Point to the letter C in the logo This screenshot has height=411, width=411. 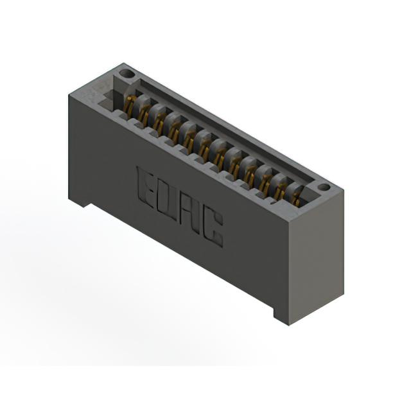click(213, 229)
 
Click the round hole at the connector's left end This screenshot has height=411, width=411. click(128, 74)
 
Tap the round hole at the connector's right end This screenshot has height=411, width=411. click(324, 187)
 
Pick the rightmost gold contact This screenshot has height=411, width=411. click(297, 199)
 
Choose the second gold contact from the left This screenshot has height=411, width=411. click(143, 114)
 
